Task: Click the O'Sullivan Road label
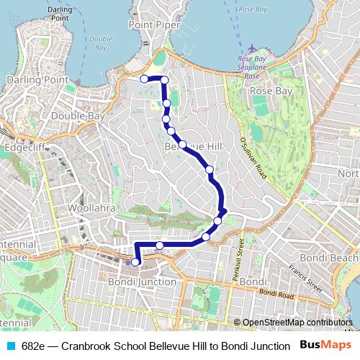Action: pyautogui.click(x=253, y=160)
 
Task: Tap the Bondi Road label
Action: pyautogui.click(x=276, y=294)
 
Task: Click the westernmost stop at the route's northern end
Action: pyautogui.click(x=144, y=78)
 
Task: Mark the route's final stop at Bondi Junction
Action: pyautogui.click(x=135, y=262)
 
